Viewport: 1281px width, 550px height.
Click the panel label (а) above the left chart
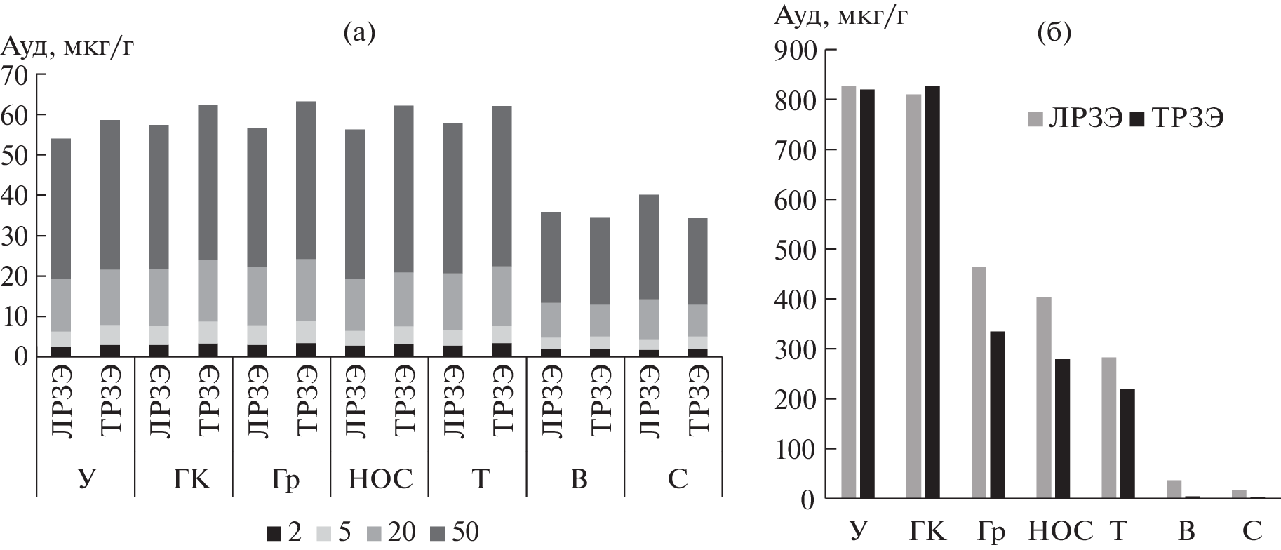pyautogui.click(x=358, y=32)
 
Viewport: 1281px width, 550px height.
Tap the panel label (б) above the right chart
pyautogui.click(x=1054, y=32)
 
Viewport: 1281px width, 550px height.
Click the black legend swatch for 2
pyautogui.click(x=274, y=533)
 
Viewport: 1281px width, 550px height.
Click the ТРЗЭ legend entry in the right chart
pyautogui.click(x=1179, y=119)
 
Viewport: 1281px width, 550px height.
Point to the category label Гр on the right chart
pyautogui.click(x=988, y=530)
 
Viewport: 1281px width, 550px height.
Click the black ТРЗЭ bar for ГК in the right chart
pyautogui.click(x=934, y=292)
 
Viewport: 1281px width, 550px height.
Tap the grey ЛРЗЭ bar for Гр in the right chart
pyautogui.click(x=979, y=382)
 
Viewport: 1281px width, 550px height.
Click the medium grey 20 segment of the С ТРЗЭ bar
pyautogui.click(x=697, y=320)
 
